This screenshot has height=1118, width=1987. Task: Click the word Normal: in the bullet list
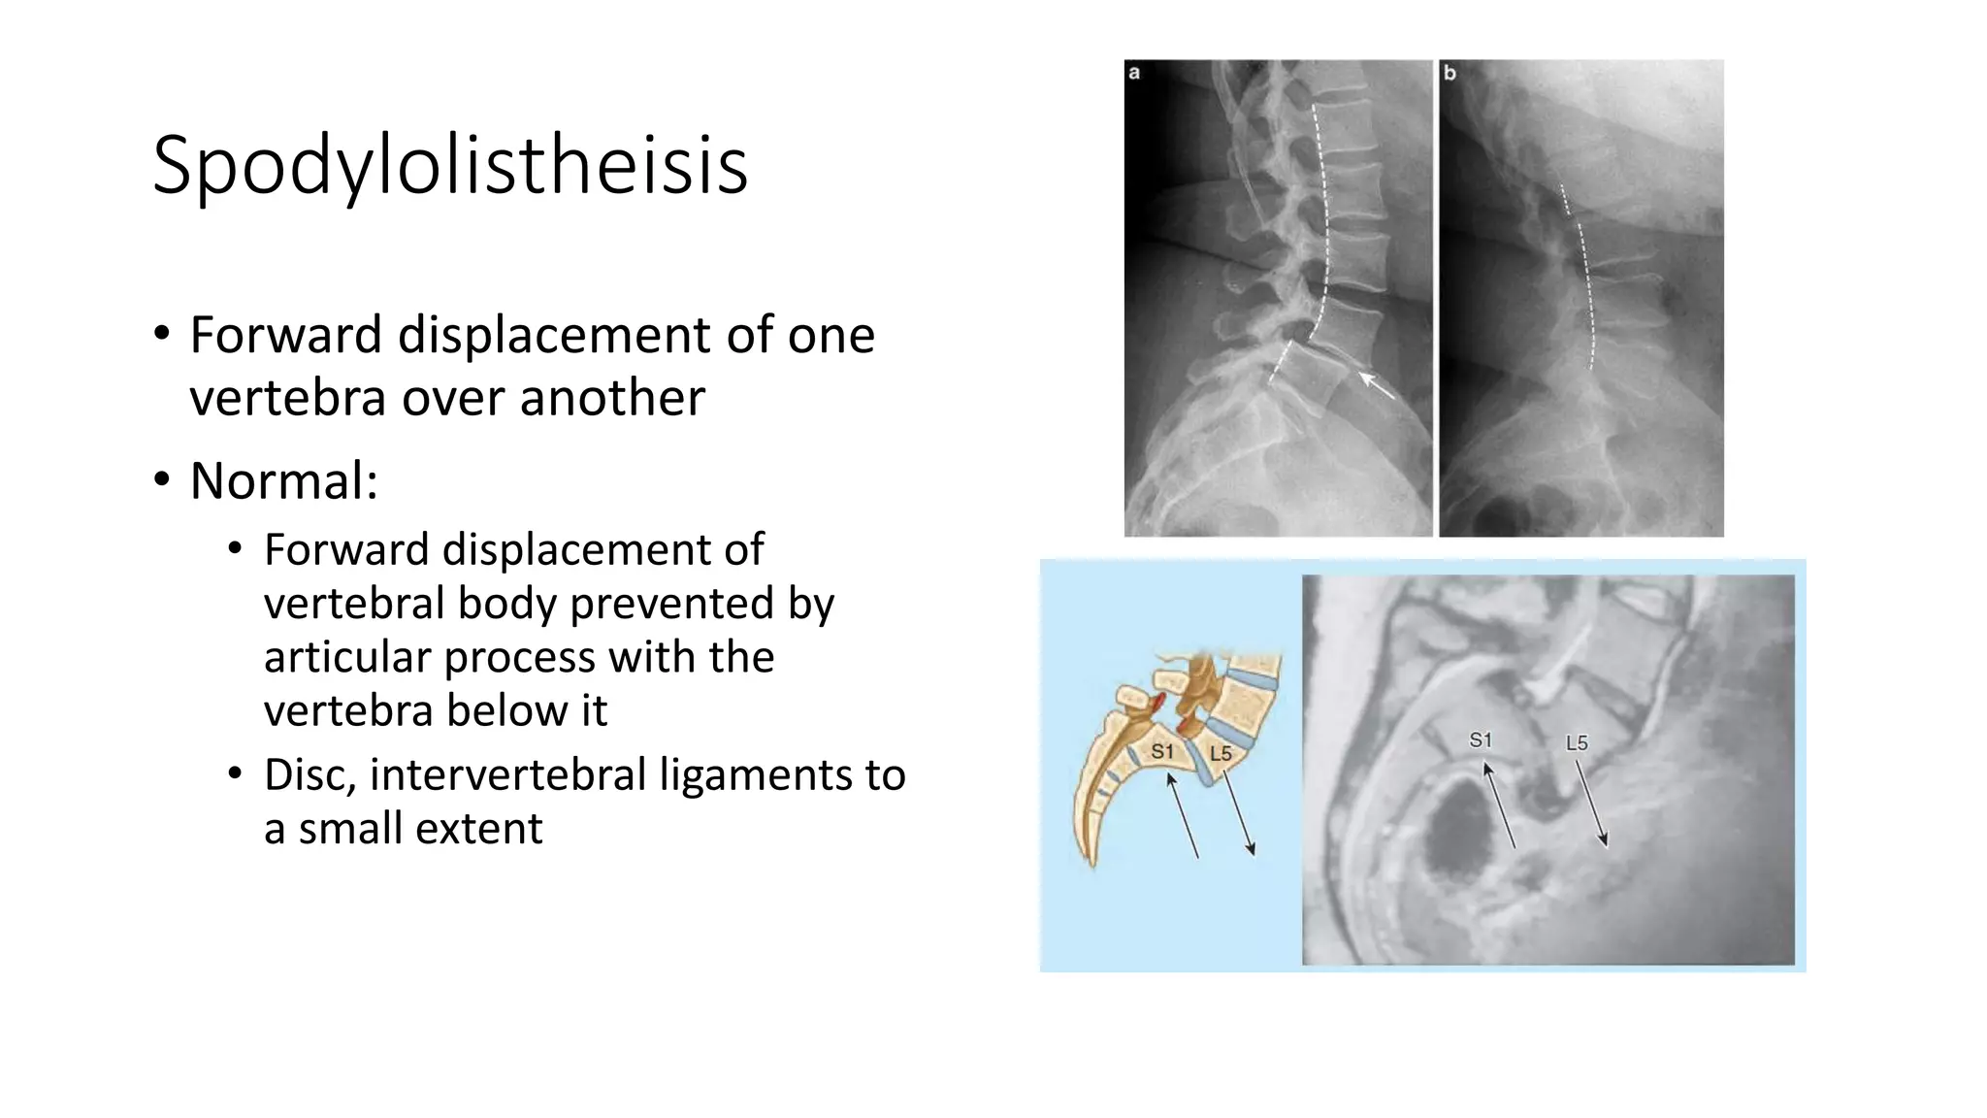283,480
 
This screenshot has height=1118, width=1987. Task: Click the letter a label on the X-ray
1134,73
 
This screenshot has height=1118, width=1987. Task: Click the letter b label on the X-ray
1450,73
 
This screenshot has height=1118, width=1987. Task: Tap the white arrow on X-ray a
1376,385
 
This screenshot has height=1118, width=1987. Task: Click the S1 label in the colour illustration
1162,751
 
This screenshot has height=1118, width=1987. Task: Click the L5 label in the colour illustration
1221,753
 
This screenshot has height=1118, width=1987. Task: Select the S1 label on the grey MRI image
1481,740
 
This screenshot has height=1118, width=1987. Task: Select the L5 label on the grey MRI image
1577,743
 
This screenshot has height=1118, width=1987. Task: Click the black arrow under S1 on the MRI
1499,806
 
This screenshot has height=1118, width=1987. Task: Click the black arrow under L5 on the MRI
1591,804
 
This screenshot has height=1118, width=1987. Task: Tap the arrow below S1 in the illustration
1183,815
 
